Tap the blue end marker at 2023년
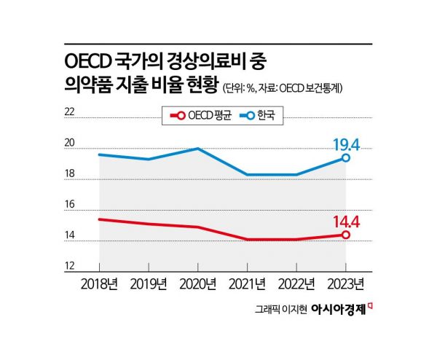coord(346,157)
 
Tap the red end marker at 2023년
coord(346,235)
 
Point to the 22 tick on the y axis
coord(70,112)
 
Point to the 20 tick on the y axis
coord(70,143)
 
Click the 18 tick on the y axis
coord(70,174)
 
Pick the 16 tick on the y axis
coord(70,205)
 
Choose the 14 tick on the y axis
coord(70,236)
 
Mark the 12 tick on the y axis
coord(70,267)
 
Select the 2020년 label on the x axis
coord(198,283)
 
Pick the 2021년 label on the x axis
coord(248,283)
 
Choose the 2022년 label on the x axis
coord(296,283)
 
